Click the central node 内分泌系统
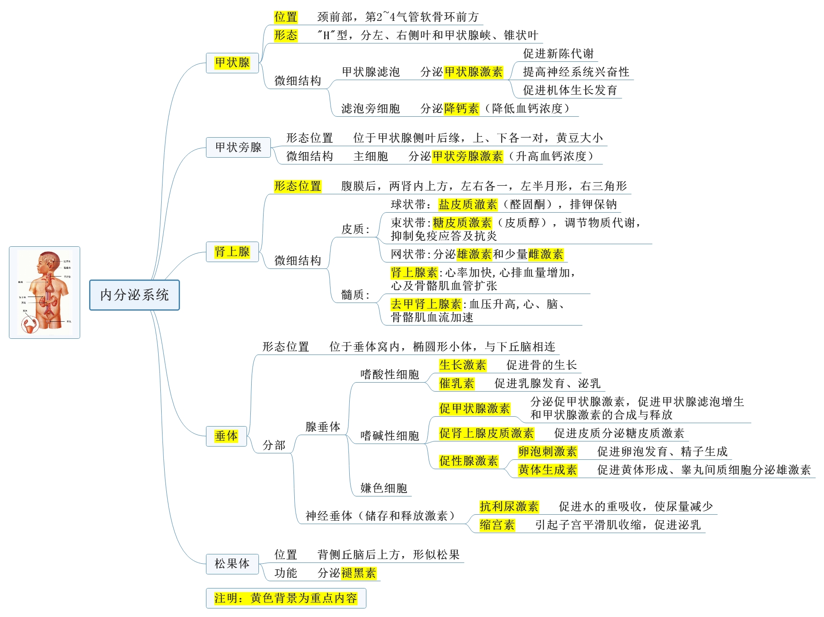coord(134,295)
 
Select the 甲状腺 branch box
coord(232,63)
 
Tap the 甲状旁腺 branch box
coord(238,147)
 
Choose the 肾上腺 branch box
coord(232,252)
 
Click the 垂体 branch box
coord(226,436)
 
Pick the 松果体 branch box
coord(232,564)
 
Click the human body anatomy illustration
coord(44,293)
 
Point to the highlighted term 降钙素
coord(461,109)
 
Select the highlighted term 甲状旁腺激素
coord(467,156)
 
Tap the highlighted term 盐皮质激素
coord(468,205)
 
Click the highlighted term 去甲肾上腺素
coord(426,304)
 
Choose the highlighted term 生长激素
coord(462,365)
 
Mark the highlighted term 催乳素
coord(456,383)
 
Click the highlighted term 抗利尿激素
coord(509,507)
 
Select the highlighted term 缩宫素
coord(497,525)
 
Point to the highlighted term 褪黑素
coord(359,573)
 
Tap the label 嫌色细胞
coord(383,488)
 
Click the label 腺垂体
coord(323,427)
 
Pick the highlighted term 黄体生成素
coord(548,470)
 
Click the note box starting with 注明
coord(286,598)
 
